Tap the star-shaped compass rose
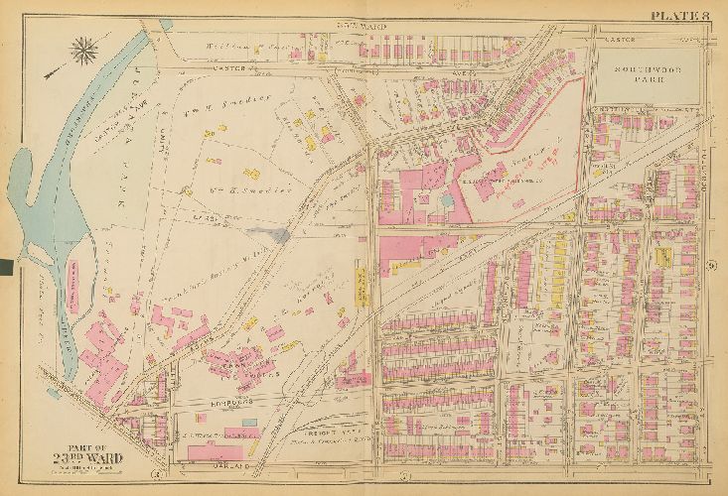[84, 48]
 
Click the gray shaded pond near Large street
[279, 235]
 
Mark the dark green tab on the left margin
[7, 266]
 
